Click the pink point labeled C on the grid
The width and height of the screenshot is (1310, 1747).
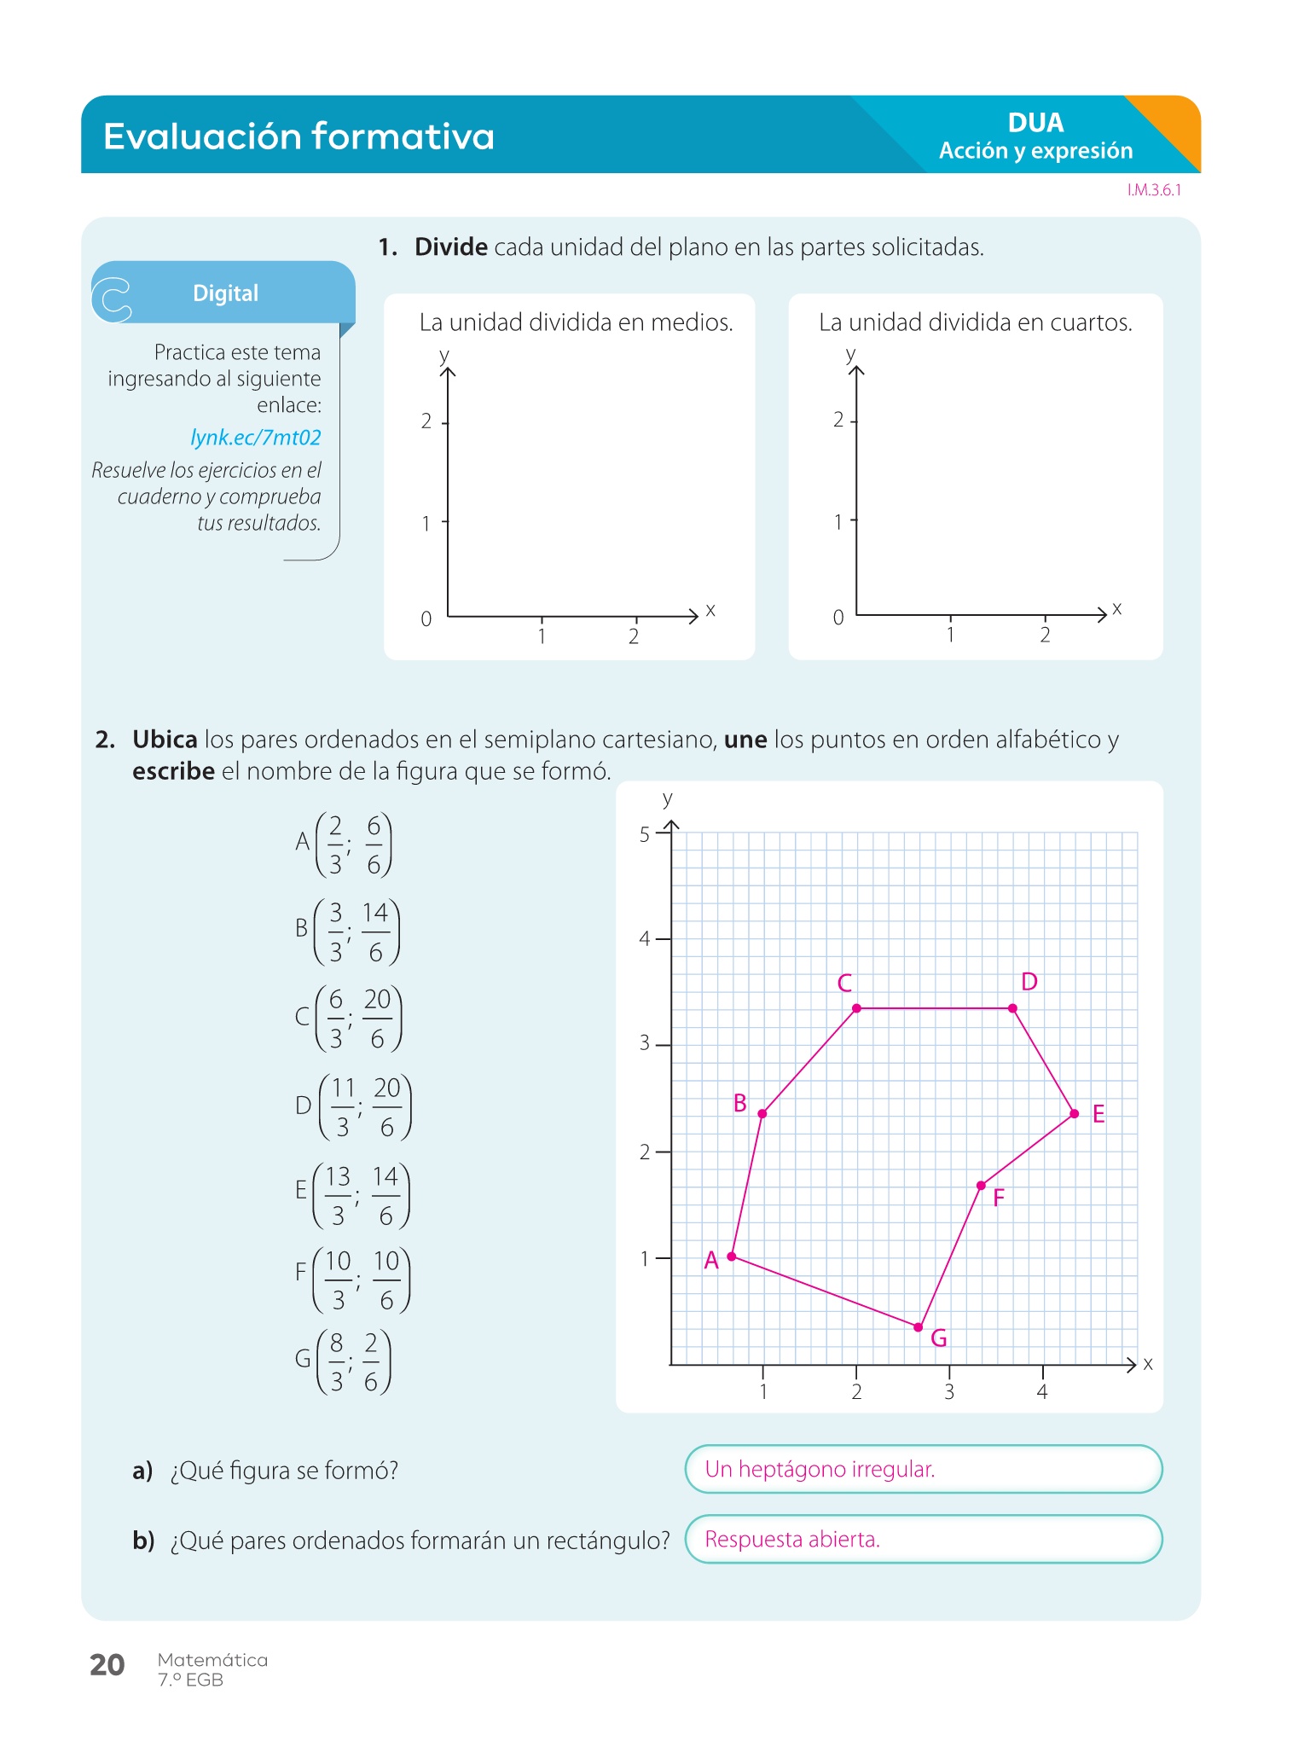click(x=856, y=1008)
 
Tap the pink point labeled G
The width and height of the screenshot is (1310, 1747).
click(x=919, y=1327)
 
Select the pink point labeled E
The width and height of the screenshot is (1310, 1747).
click(x=1074, y=1113)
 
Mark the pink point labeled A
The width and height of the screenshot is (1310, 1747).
click(x=732, y=1257)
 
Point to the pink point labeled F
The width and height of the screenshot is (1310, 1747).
click(x=981, y=1186)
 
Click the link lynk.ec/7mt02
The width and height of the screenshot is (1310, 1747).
click(x=256, y=438)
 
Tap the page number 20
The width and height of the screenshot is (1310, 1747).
click(x=107, y=1664)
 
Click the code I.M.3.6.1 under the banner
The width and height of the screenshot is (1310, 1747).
click(x=1154, y=190)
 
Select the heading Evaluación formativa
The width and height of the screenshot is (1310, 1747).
click(x=299, y=136)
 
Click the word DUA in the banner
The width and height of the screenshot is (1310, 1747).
click(x=1035, y=123)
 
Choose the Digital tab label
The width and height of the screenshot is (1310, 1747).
click(x=225, y=293)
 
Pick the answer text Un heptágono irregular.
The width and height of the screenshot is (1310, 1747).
click(x=820, y=1469)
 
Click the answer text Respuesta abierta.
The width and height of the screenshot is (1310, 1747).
click(x=792, y=1539)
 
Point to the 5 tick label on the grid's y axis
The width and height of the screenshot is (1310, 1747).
click(x=645, y=834)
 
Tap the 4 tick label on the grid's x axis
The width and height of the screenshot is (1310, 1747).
click(x=1042, y=1392)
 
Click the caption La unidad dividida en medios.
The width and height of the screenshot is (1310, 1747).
click(x=576, y=322)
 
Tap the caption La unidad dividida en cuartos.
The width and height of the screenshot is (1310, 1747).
click(x=975, y=322)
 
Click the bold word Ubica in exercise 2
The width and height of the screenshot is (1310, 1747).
click(x=165, y=740)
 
